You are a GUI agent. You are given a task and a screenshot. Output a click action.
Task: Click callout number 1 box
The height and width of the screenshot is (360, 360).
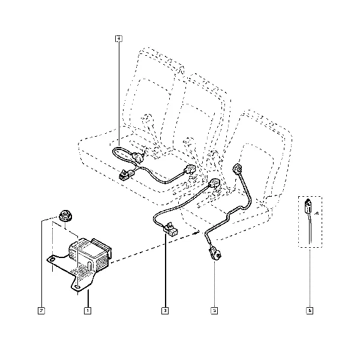click(x=88, y=311)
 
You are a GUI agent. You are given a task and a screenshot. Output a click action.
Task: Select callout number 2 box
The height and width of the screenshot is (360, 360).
click(x=41, y=311)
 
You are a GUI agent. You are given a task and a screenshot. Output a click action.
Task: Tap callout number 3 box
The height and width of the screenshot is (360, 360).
click(x=164, y=311)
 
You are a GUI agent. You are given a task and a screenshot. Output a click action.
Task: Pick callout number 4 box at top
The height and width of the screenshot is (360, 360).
click(x=119, y=39)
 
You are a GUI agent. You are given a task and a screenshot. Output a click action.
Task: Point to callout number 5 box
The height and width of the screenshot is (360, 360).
click(x=214, y=311)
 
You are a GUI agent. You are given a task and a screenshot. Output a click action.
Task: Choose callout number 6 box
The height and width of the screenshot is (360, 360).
click(x=310, y=311)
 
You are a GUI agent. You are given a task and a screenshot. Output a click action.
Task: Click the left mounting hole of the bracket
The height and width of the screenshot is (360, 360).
click(x=53, y=259)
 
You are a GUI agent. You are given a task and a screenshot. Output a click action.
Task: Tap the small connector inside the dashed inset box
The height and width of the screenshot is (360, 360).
click(x=307, y=206)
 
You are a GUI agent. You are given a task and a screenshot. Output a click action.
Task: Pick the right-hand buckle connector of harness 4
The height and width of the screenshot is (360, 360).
click(x=190, y=170)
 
